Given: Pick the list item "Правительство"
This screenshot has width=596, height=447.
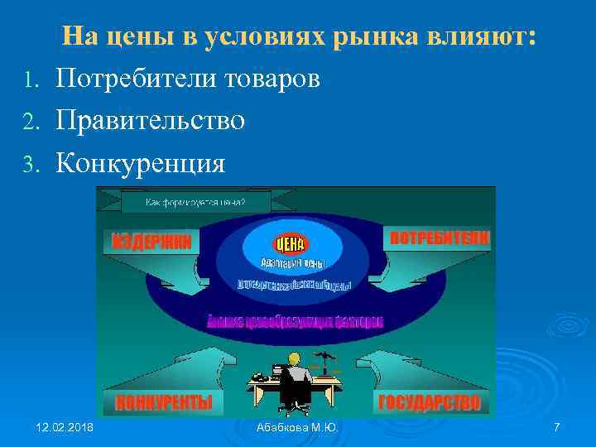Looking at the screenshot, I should [x=150, y=121].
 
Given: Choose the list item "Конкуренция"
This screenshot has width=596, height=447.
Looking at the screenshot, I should [x=140, y=163].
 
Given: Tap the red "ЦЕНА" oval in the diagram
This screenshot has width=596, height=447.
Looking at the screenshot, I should [x=290, y=243].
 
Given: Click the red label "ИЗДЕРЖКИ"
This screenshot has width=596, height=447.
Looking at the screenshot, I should [x=151, y=241].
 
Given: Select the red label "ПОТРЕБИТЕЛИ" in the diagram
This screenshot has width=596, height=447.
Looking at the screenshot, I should [x=440, y=237].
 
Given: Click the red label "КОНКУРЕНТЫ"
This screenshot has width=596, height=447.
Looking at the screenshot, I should [x=164, y=403].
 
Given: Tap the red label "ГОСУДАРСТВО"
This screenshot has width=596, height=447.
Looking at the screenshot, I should [x=429, y=403].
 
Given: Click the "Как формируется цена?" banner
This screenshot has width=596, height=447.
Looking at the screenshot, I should [x=195, y=201].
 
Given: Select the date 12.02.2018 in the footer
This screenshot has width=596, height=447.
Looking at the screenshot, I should [x=65, y=426].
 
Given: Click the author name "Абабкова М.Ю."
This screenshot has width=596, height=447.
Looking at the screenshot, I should [x=298, y=426].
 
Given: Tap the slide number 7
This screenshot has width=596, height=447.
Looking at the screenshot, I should [x=556, y=426].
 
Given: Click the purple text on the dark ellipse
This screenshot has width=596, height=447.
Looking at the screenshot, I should [x=296, y=321].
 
